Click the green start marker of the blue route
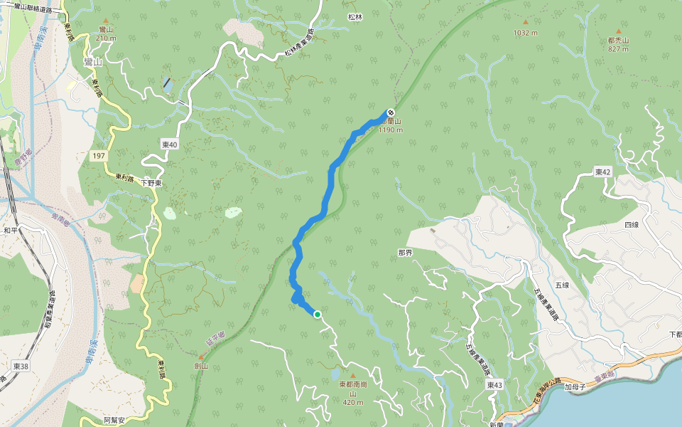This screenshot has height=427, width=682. point(318,314)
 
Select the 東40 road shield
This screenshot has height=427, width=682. point(169,144)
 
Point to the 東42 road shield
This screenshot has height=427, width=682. point(603,172)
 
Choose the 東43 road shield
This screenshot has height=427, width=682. point(495,384)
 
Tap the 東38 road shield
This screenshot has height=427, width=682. point(21,366)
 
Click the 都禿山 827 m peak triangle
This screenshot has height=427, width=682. point(618,31)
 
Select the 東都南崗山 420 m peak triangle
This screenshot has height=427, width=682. point(351,375)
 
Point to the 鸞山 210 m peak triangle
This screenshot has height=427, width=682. point(107,20)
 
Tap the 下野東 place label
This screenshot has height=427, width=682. point(151,183)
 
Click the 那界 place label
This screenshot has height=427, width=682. point(406,253)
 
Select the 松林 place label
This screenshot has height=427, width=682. point(355,16)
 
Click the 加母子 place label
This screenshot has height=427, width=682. point(574,388)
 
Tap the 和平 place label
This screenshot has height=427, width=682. point(10,231)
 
